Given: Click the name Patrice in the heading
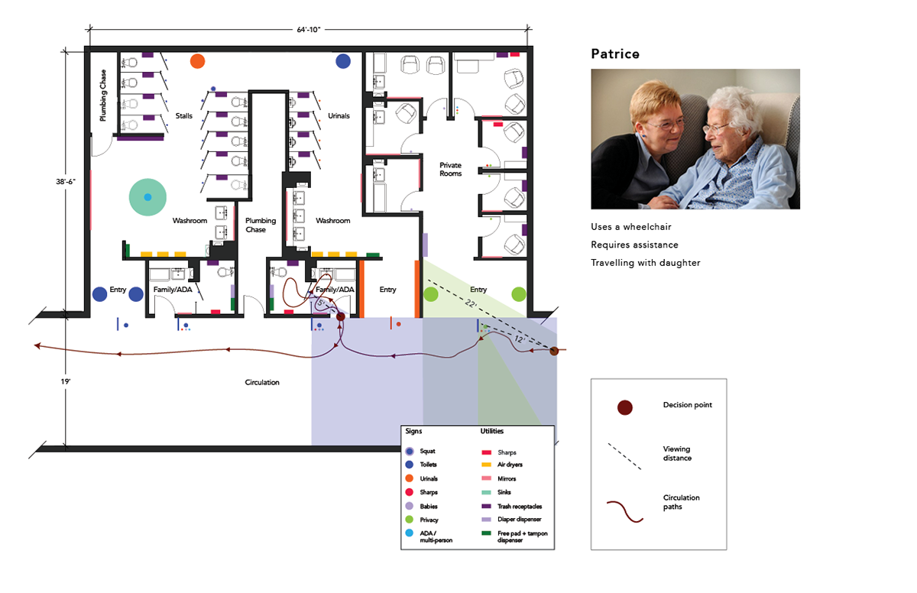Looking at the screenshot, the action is coord(615,53).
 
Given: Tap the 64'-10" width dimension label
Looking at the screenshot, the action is coord(309,30).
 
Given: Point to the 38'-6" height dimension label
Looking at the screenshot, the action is coord(66,181).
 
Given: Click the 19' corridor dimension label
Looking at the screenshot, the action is coord(66,381).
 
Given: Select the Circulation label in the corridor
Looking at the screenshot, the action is coord(262,382).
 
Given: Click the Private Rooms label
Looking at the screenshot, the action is coord(450,169).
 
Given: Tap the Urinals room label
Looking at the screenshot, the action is coord(339,116).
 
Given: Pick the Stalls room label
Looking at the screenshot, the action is coord(184,116).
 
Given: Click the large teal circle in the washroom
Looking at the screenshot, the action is coord(147,197).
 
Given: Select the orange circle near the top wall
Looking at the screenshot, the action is coord(197,61).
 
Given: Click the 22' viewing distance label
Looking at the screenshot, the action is coord(471,303).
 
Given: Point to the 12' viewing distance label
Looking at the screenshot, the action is coord(519,339).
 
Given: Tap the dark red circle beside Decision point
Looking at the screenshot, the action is coord(625,407).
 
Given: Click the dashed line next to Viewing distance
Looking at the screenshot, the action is coord(624,456).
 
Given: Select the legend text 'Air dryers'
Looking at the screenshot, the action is coord(510,465).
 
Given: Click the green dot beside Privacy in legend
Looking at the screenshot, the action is coord(409,520).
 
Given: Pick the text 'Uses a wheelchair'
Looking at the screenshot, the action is coord(631,227).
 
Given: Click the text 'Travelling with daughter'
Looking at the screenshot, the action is coord(645,263).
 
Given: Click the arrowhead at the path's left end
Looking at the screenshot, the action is coord(37,346).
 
